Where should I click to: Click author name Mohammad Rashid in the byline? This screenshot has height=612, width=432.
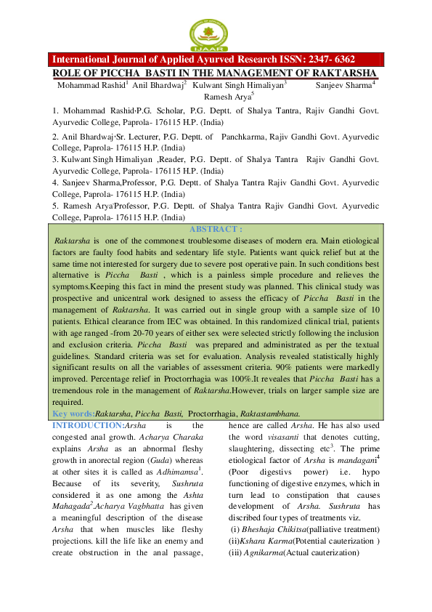tap(91, 85)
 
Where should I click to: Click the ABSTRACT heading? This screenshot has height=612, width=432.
tap(216, 229)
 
